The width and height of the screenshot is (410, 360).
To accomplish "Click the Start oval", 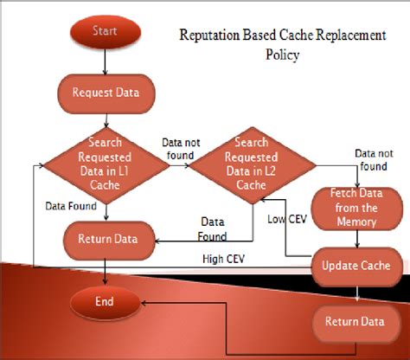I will [104, 33].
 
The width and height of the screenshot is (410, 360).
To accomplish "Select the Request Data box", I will [104, 91].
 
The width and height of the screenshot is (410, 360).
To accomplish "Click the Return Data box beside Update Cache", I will [355, 323].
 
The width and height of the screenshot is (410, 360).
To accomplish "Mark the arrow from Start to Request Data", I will [104, 62].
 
